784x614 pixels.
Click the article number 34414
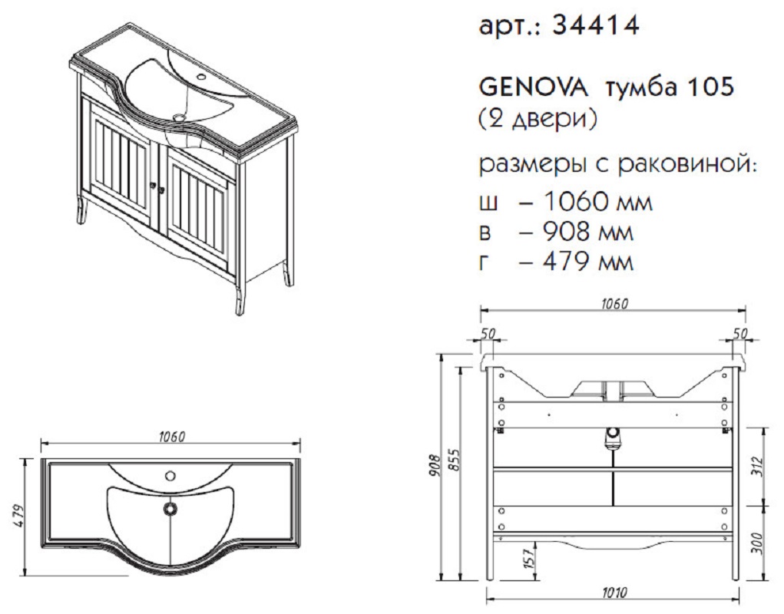pos(596,25)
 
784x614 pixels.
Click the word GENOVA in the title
pos(534,88)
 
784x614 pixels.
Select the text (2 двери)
pos(538,120)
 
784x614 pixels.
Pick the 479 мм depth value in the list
pos(588,262)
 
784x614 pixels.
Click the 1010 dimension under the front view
pos(614,593)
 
